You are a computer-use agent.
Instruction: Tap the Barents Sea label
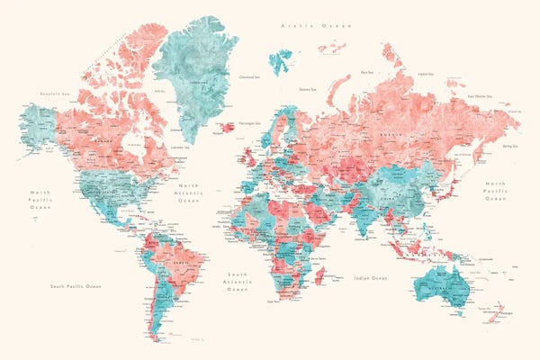(308, 89)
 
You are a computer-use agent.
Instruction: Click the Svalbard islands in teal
(281, 60)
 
